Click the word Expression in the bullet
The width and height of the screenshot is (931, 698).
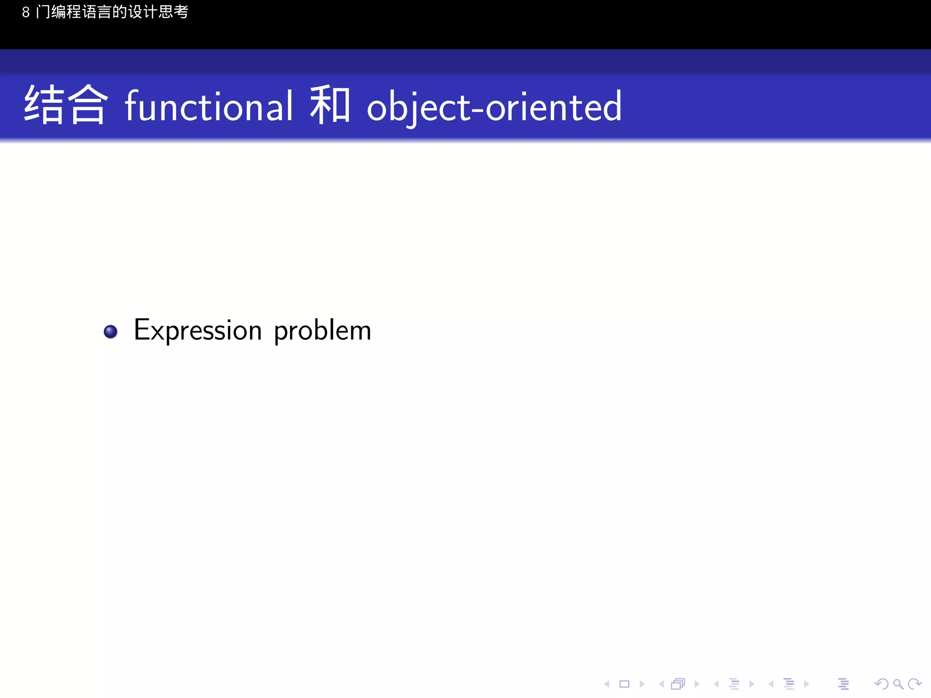coord(198,330)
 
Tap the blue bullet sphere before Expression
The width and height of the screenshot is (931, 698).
coord(110,332)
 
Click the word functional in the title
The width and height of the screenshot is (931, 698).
coord(209,106)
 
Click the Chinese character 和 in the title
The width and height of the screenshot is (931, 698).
coord(330,105)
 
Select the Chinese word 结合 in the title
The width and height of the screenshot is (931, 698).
coord(66,105)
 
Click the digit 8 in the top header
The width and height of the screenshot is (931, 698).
coord(26,12)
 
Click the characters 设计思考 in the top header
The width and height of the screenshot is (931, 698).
coord(158,12)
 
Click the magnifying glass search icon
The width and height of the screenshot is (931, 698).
coord(898,684)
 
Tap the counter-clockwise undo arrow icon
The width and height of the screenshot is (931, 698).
coord(881,684)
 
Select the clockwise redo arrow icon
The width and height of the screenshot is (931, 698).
coord(915,684)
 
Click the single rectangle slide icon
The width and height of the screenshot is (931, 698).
coord(624,684)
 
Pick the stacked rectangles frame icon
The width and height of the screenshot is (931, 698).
coord(678,684)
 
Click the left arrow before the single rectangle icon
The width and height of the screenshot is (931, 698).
coord(606,684)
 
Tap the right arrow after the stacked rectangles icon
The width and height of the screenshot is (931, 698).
coord(697,684)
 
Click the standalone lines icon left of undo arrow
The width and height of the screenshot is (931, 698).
coord(843,684)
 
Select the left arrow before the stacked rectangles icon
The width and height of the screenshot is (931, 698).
coord(661,684)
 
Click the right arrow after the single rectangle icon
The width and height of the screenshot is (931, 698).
coord(642,684)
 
